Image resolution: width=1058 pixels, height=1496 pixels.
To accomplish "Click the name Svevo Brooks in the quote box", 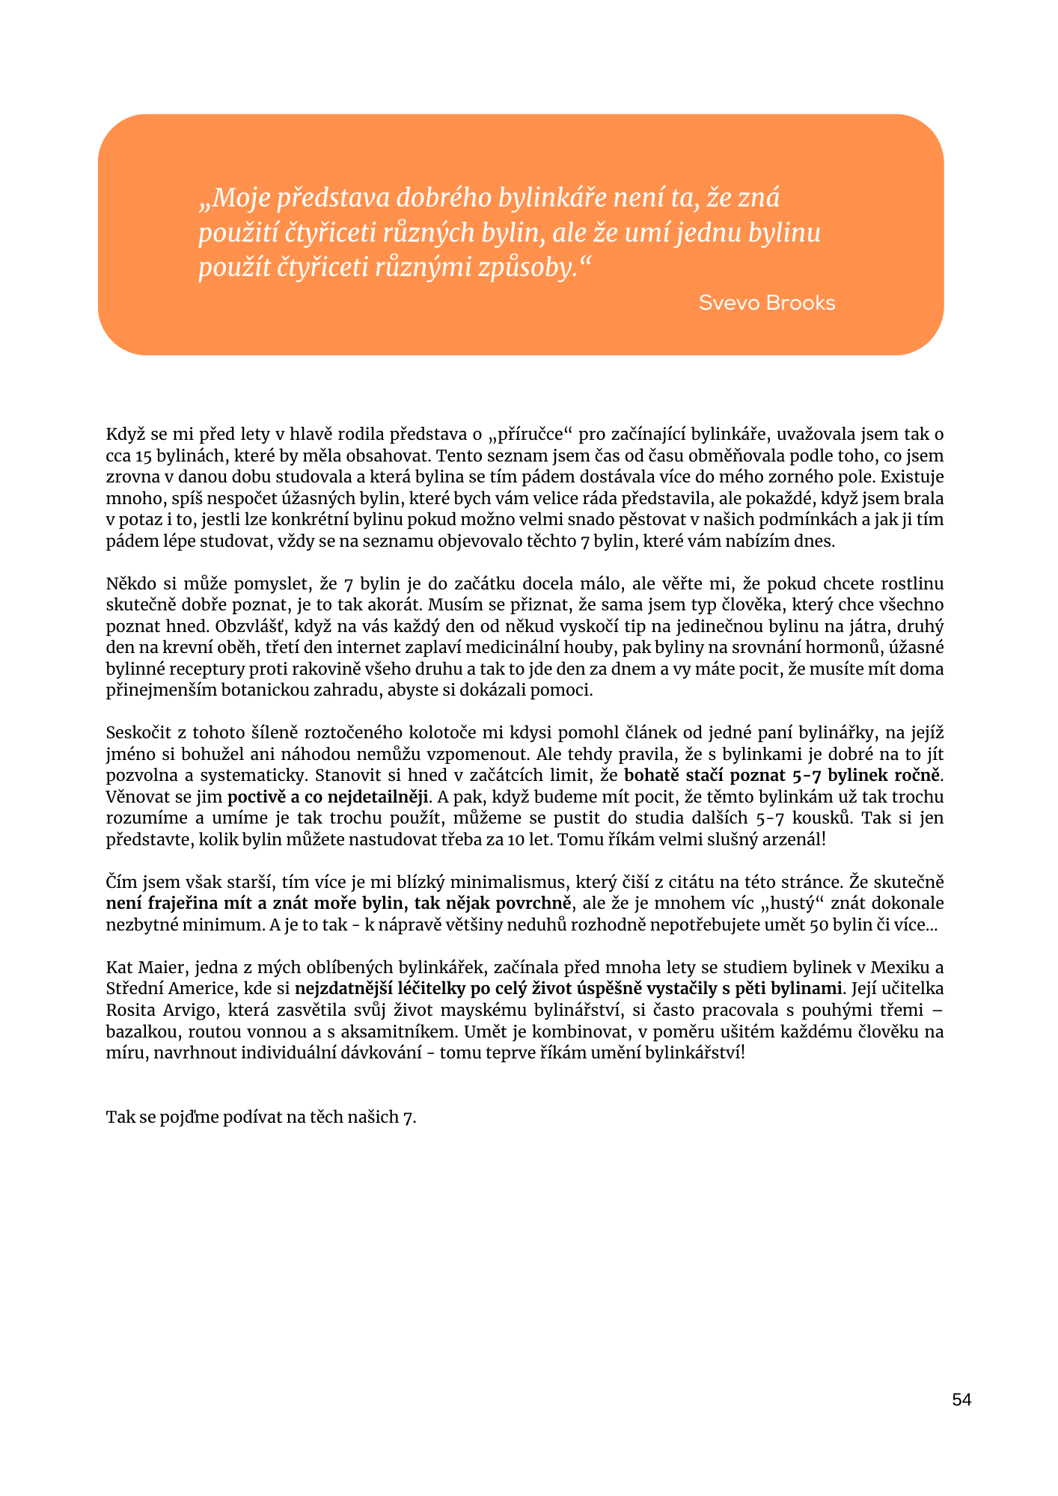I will pos(766,303).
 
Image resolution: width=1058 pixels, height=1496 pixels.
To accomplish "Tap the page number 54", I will pos(961,1400).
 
